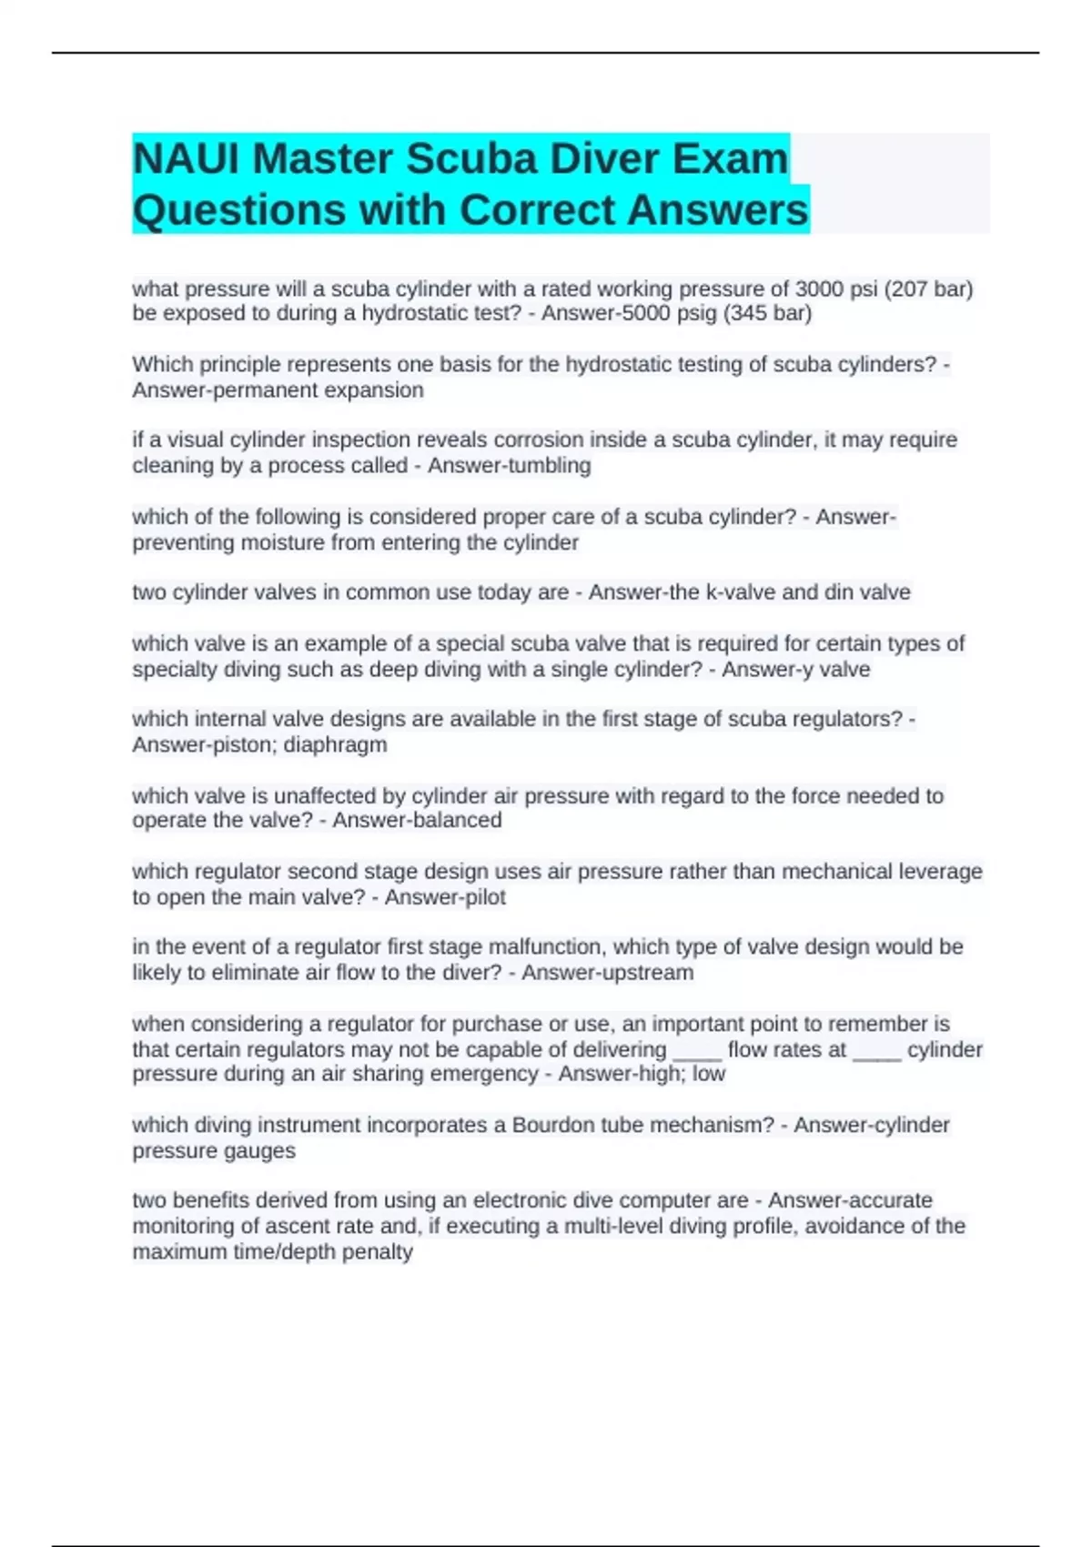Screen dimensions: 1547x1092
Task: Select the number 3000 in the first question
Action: (x=819, y=289)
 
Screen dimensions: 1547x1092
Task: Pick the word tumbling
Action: (x=550, y=466)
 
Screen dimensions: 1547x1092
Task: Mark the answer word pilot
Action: (x=482, y=897)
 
